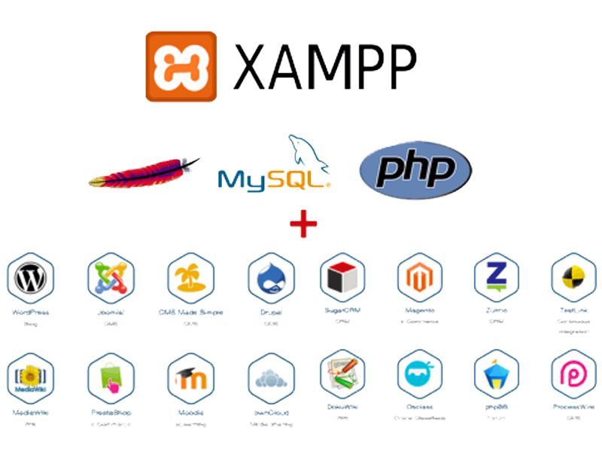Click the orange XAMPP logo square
[x=181, y=66]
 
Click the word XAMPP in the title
[x=324, y=66]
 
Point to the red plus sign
[x=303, y=224]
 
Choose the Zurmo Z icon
[x=497, y=278]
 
